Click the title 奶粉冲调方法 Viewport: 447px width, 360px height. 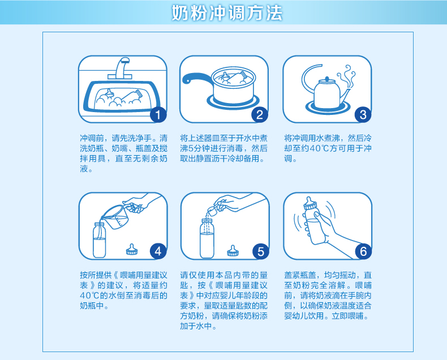coord(227,13)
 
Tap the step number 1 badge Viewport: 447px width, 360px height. coord(158,115)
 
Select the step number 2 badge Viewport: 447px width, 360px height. coord(259,115)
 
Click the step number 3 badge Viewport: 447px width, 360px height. coord(363,115)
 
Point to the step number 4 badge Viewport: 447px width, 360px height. coord(158,251)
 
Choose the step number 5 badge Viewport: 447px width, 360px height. coord(260,251)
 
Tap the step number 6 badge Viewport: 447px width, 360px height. coord(363,251)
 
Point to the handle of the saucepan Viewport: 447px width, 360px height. coord(197,78)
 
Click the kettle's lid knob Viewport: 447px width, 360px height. coord(326,79)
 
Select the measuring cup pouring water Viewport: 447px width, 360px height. coord(115,217)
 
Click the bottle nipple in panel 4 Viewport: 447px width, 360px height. coord(132,249)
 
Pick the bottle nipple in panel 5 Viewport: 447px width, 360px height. coord(233,251)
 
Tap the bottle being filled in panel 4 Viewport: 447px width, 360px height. coord(99,240)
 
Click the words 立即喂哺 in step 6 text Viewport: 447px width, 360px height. coord(348,316)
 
